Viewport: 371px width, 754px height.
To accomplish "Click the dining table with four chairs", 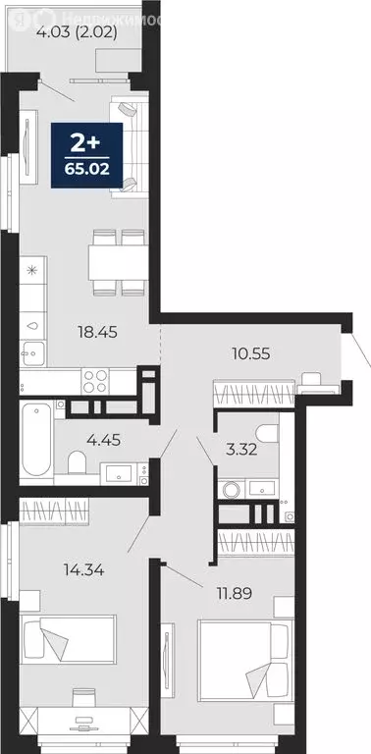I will pos(118,262).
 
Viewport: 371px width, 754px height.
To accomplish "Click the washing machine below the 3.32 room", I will pos(231,488).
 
